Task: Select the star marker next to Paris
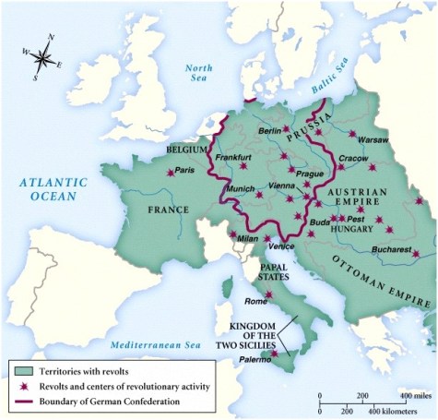(x=170, y=172)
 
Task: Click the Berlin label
(x=270, y=131)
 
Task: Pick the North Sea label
(x=199, y=74)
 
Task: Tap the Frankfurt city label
(x=233, y=157)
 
